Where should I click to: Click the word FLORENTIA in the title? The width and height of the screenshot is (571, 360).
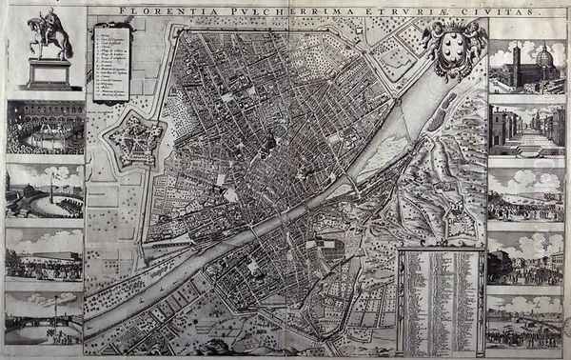(x=149, y=13)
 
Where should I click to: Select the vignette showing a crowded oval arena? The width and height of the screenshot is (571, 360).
(x=45, y=128)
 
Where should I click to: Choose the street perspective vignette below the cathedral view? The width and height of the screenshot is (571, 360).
(x=526, y=129)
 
